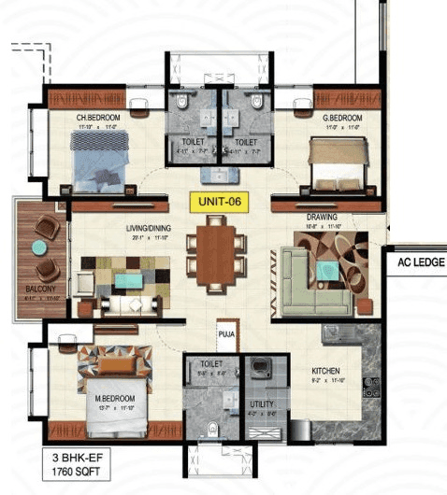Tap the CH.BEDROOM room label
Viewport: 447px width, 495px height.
(x=98, y=117)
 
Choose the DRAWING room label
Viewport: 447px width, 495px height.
(x=321, y=217)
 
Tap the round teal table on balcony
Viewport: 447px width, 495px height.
(x=38, y=248)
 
